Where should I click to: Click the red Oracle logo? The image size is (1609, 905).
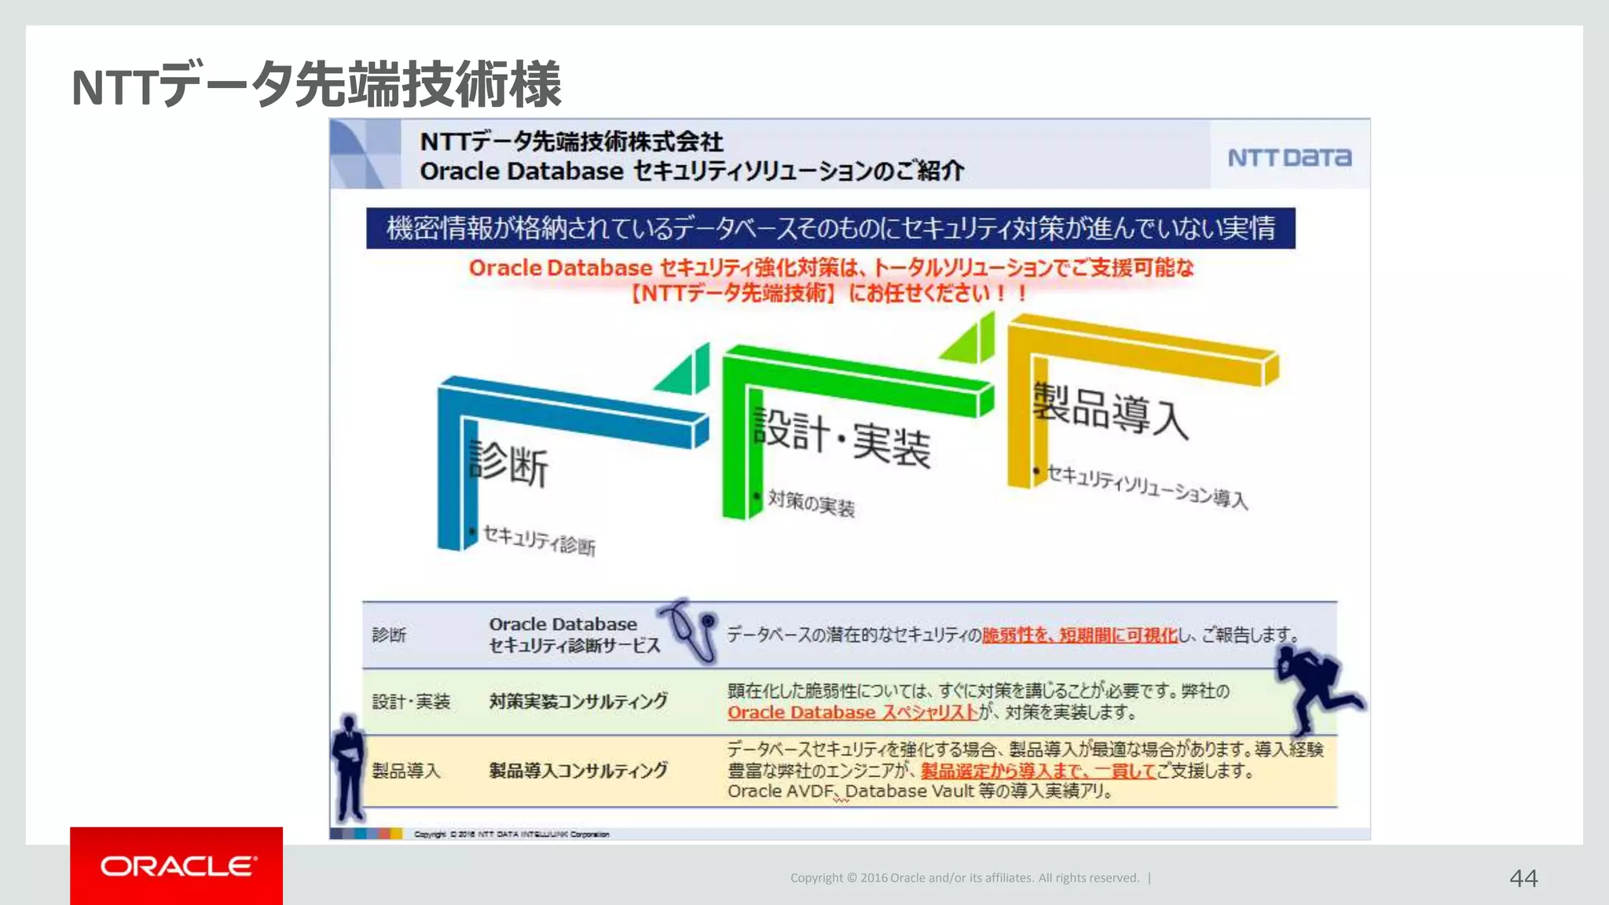coord(177,866)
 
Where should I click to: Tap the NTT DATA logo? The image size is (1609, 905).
coord(1289,158)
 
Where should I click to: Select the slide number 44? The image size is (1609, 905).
coord(1523,878)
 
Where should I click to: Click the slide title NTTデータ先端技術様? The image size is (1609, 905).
coord(317,85)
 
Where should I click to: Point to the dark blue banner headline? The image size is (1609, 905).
coord(830,229)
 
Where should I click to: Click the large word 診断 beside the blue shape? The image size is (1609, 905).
coord(508,463)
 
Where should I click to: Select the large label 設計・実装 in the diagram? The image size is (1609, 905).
coord(841,438)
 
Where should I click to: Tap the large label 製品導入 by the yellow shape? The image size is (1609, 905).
coord(1109,409)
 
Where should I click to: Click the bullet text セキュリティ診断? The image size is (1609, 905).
coord(539,540)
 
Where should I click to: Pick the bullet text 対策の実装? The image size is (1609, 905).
coord(811,503)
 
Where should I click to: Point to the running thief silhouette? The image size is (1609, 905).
coord(1317,686)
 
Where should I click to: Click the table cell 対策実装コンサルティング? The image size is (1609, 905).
coord(578,701)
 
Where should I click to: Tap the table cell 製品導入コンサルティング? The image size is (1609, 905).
coord(578,771)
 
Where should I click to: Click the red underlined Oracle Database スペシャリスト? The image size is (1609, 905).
coord(852,713)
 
